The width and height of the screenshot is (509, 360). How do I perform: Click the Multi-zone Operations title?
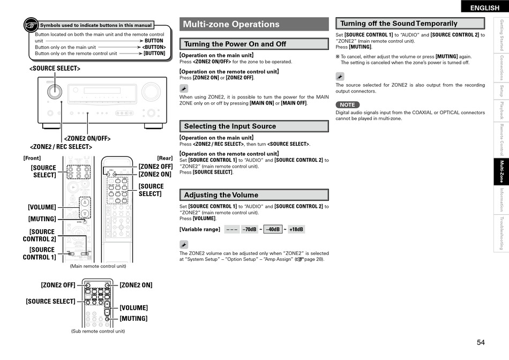pyautogui.click(x=231, y=24)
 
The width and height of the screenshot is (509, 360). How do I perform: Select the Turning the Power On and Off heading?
pyautogui.click(x=235, y=44)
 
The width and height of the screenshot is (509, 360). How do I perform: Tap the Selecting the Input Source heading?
pyautogui.click(x=230, y=126)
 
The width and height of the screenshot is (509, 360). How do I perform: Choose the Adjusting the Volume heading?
pyautogui.click(x=221, y=195)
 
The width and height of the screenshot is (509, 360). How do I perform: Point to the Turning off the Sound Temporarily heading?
pyautogui.click(x=399, y=24)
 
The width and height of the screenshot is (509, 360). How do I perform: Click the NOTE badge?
pyautogui.click(x=347, y=105)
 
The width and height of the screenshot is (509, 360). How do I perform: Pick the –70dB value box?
pyautogui.click(x=249, y=229)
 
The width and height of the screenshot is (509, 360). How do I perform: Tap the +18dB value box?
pyautogui.click(x=296, y=229)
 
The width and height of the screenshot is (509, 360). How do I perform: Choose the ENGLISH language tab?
pyautogui.click(x=484, y=7)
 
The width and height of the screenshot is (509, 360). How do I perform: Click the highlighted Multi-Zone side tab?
pyautogui.click(x=501, y=171)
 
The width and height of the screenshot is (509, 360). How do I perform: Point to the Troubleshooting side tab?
pyautogui.click(x=501, y=233)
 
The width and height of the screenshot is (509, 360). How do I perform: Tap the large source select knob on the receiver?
pyautogui.click(x=54, y=91)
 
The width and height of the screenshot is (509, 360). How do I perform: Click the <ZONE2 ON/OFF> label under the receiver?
pyautogui.click(x=87, y=139)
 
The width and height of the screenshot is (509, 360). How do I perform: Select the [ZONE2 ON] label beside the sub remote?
pyautogui.click(x=136, y=285)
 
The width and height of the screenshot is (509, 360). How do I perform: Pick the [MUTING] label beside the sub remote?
pyautogui.click(x=133, y=319)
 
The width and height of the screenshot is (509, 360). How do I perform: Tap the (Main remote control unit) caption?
pyautogui.click(x=98, y=266)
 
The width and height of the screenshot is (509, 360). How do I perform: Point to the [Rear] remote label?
pyautogui.click(x=164, y=158)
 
